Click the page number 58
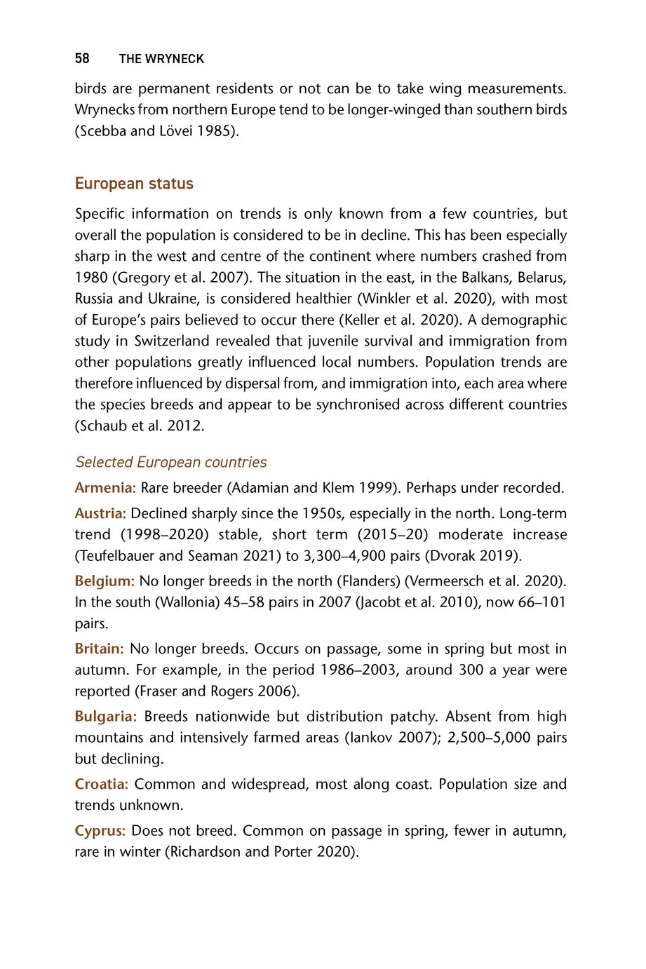[82, 58]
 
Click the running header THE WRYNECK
[161, 59]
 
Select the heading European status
[134, 184]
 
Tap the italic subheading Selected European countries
[171, 462]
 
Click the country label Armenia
[105, 488]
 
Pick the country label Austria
[100, 513]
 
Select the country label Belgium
[105, 581]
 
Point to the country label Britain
[99, 649]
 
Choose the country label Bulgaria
[105, 717]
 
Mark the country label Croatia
[101, 784]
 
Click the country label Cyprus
[100, 831]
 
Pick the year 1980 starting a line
[90, 278]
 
